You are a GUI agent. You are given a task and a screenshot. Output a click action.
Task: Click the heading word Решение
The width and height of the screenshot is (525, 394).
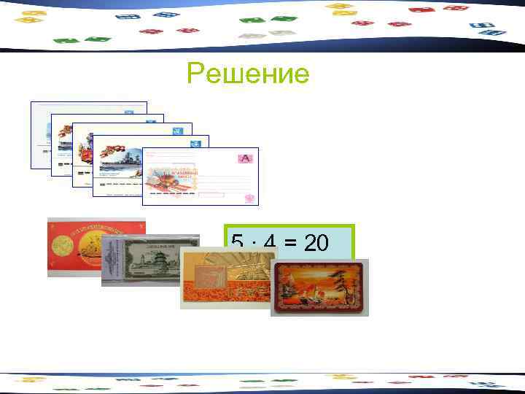pyautogui.click(x=248, y=73)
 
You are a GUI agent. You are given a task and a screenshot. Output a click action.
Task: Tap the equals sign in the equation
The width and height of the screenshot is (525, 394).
pyautogui.click(x=290, y=243)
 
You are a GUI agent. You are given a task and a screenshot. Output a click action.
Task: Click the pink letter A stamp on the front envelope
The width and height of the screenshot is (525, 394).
pyautogui.click(x=244, y=158)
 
